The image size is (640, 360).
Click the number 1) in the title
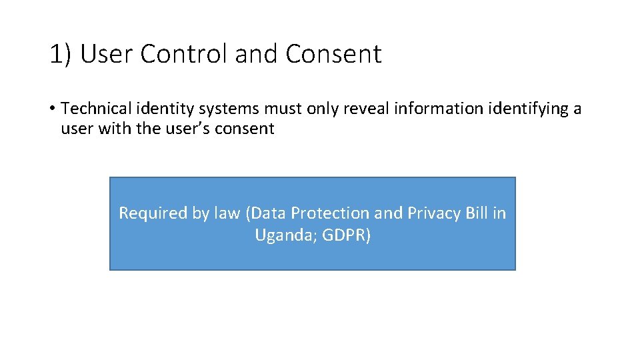61,55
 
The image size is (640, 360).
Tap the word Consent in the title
333,55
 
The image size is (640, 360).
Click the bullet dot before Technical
53,109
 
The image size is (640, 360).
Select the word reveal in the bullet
366,109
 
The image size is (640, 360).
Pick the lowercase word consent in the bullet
244,129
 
